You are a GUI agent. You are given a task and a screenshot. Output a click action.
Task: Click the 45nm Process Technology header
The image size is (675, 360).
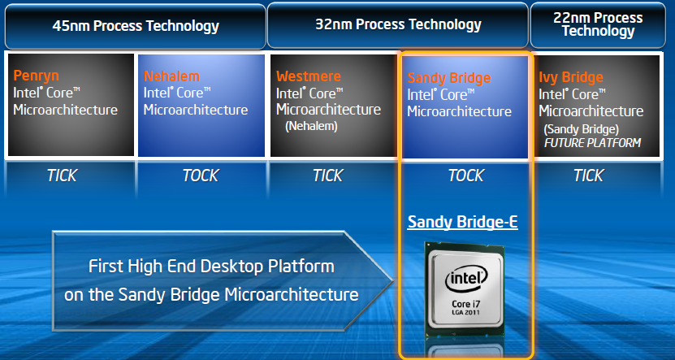(136, 26)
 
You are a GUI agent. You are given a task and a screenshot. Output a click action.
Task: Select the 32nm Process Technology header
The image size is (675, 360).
(398, 24)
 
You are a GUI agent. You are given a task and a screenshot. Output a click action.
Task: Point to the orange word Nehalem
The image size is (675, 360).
(171, 76)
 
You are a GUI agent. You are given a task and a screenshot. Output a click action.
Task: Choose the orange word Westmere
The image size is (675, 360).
(309, 76)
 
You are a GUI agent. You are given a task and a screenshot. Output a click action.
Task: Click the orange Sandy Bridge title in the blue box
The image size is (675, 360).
(448, 79)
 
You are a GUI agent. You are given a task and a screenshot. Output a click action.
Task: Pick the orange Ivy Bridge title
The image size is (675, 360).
(571, 78)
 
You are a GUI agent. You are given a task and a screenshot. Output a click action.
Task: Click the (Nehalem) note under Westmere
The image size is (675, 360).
(310, 126)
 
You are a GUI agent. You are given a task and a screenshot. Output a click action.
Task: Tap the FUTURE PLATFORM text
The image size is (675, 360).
(591, 143)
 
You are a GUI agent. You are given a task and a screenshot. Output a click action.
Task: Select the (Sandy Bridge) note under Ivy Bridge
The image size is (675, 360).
(581, 129)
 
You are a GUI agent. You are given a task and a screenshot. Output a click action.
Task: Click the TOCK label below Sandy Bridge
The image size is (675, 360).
(465, 176)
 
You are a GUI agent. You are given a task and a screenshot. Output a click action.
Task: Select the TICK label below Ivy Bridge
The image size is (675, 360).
(588, 176)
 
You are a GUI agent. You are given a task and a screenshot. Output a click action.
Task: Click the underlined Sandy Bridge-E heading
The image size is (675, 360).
(462, 221)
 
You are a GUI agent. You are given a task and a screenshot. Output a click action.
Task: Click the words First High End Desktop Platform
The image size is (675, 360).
(211, 266)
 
